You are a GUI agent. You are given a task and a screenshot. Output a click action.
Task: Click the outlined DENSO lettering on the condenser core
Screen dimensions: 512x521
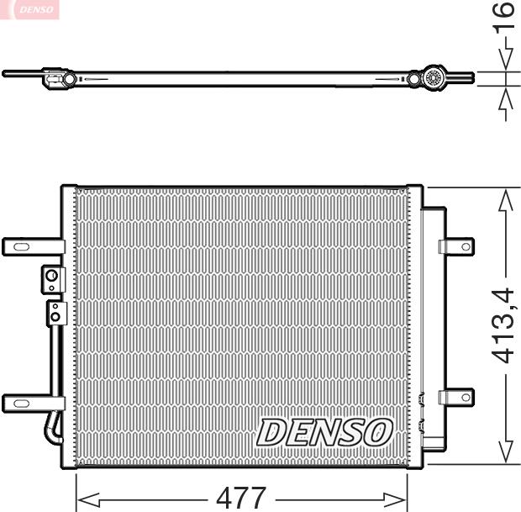324,432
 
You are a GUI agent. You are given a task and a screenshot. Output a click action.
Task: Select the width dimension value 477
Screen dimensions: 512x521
241,498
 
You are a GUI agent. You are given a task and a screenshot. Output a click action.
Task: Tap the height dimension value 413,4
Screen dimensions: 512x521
505,325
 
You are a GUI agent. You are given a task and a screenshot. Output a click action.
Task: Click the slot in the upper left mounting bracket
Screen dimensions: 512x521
20,247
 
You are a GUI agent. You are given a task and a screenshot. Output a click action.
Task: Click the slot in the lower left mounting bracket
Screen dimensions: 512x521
20,404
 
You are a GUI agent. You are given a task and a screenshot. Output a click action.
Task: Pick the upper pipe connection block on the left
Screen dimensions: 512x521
52,278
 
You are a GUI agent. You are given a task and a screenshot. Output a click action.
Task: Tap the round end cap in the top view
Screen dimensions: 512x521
435,78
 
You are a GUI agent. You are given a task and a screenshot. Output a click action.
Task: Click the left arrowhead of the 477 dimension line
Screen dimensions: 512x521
85,499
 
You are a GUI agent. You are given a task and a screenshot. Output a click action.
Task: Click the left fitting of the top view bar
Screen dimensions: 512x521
57,80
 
